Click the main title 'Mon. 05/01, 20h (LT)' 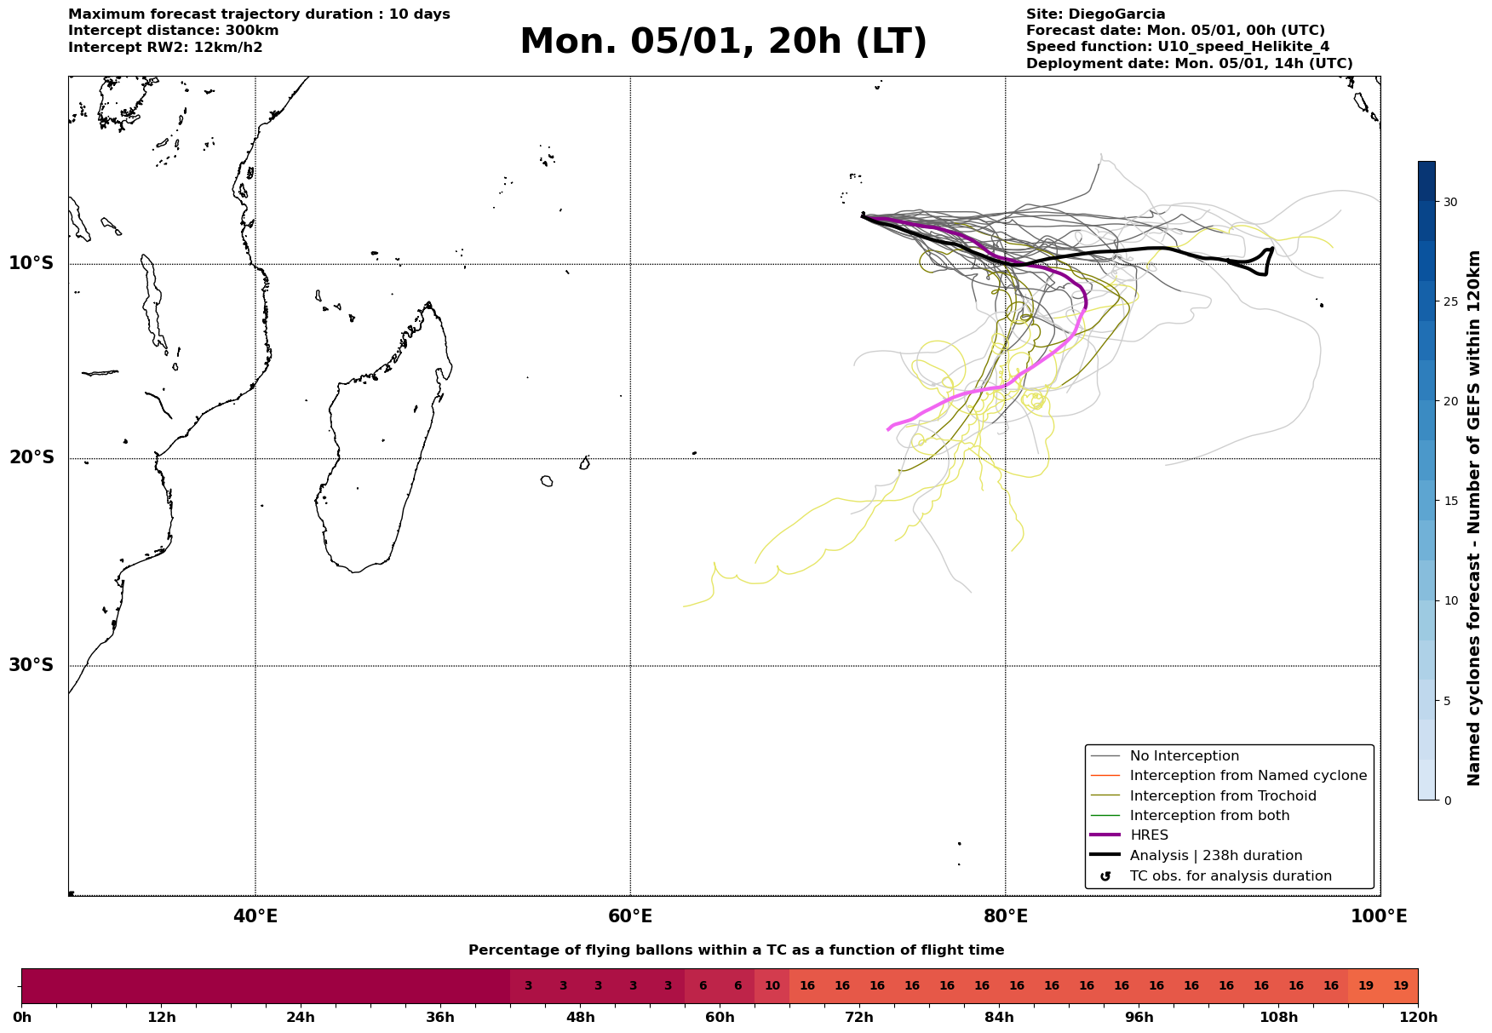pyautogui.click(x=723, y=42)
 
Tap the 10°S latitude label pyautogui.click(x=32, y=263)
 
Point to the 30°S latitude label pyautogui.click(x=32, y=665)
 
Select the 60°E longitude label pyautogui.click(x=630, y=916)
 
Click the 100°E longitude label pyautogui.click(x=1379, y=916)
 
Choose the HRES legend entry pyautogui.click(x=1149, y=835)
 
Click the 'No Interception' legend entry pyautogui.click(x=1184, y=756)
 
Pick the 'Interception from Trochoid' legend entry pyautogui.click(x=1222, y=796)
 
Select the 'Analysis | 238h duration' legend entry pyautogui.click(x=1215, y=856)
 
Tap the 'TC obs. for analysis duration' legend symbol pyautogui.click(x=1105, y=876)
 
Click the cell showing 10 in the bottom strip pyautogui.click(x=772, y=986)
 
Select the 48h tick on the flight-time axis pyautogui.click(x=581, y=1017)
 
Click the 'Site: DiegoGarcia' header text pyautogui.click(x=1095, y=14)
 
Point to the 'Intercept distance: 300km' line pyautogui.click(x=174, y=31)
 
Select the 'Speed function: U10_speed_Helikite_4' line pyautogui.click(x=1177, y=47)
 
